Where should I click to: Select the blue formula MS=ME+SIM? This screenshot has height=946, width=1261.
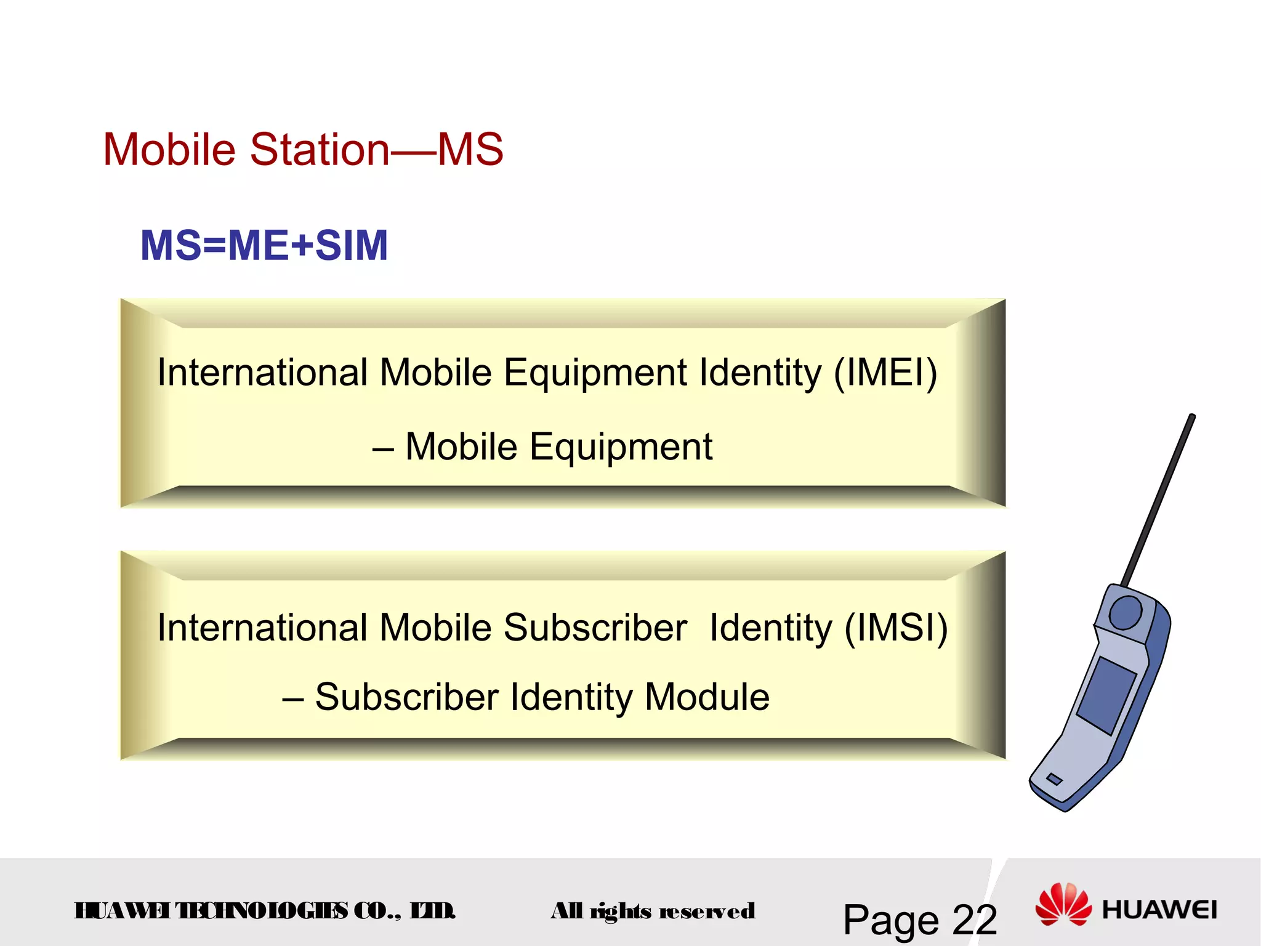click(264, 245)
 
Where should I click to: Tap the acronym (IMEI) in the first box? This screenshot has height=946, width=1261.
click(885, 373)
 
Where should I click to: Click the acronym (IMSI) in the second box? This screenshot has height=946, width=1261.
click(896, 628)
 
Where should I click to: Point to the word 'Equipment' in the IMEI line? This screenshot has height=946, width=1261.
click(595, 373)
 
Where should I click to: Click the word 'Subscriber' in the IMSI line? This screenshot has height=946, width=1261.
click(595, 628)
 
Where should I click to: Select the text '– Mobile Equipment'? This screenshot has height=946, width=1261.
click(542, 447)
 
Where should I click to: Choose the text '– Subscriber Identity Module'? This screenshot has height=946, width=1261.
click(526, 697)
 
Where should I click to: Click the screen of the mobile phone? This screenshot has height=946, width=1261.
click(1106, 695)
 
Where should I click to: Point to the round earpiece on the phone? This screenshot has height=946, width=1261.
click(1126, 612)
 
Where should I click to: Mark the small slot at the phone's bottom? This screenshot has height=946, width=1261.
click(1054, 779)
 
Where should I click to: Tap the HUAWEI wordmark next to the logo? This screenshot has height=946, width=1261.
click(1159, 910)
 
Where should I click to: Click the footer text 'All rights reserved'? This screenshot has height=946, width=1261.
click(653, 911)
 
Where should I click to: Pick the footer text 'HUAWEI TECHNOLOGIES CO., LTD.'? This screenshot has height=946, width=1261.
click(265, 910)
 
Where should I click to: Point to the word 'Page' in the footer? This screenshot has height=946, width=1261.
click(891, 920)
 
